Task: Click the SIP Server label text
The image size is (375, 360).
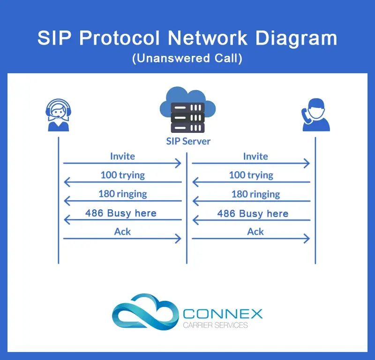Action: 188,141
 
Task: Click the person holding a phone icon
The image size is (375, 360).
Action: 315,114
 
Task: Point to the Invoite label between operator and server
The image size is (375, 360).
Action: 122,156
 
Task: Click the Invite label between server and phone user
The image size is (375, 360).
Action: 255,156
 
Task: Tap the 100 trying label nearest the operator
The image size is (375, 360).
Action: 122,175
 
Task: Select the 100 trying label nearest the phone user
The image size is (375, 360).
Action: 251,175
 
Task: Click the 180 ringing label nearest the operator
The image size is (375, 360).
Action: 122,194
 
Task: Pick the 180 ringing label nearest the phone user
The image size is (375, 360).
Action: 255,194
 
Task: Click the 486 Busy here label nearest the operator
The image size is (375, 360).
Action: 121,213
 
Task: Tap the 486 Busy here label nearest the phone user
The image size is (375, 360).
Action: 253,214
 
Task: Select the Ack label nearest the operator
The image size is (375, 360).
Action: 122,231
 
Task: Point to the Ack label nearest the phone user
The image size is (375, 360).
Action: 255,231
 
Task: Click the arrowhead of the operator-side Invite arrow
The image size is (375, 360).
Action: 178,163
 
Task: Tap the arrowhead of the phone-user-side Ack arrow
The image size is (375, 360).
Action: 307,238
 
